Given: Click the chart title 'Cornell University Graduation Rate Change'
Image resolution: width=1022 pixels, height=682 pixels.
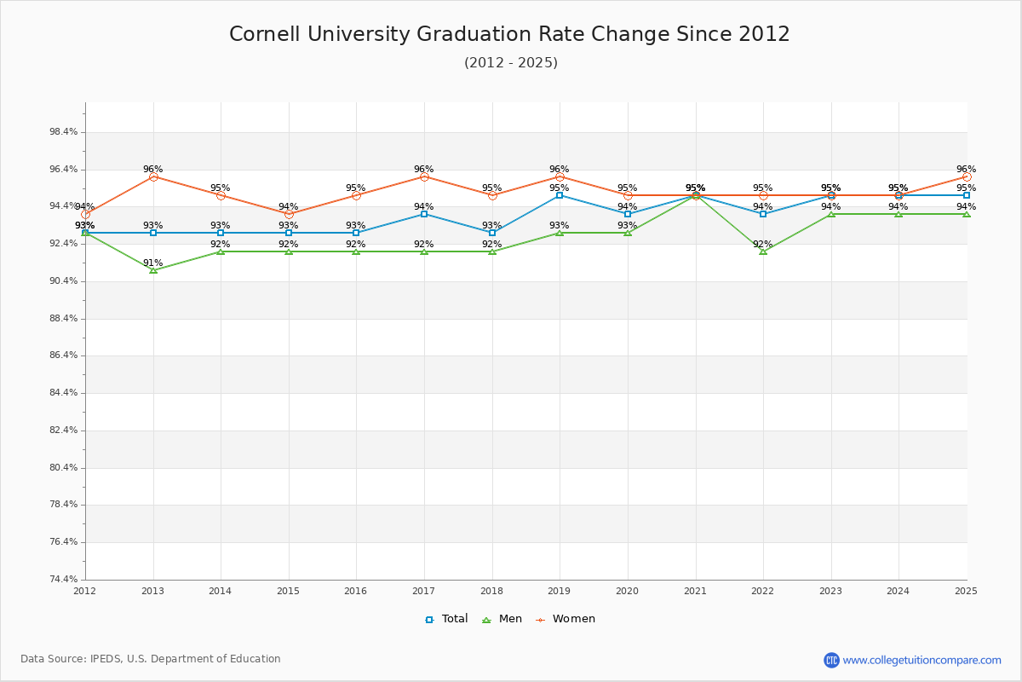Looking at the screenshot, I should click(509, 34).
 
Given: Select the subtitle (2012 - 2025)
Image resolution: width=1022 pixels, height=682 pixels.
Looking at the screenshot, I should click(510, 63).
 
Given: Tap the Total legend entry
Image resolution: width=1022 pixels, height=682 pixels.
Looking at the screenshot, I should click(446, 619).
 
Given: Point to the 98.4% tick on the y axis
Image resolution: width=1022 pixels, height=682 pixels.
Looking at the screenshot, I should click(64, 132).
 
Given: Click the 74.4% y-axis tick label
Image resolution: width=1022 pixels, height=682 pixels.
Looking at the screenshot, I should click(64, 580).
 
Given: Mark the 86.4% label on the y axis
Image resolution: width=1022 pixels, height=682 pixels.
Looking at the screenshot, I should click(64, 355).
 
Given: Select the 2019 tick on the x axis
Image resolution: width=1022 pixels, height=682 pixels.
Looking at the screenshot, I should click(559, 591).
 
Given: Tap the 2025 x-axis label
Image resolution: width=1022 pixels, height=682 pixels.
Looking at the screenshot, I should click(966, 591).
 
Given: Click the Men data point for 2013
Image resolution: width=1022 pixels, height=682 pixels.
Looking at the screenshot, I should click(153, 269).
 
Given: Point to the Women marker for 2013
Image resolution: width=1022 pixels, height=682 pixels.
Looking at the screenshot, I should click(153, 176).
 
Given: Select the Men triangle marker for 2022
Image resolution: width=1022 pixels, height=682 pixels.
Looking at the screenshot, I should click(763, 251).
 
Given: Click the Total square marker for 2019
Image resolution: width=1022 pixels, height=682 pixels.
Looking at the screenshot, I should click(560, 195).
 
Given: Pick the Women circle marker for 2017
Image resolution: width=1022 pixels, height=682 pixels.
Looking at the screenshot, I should click(424, 176).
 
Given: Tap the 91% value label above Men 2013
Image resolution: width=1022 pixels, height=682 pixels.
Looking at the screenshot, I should click(152, 263).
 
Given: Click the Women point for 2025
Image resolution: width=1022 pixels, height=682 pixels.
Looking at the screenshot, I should click(967, 176).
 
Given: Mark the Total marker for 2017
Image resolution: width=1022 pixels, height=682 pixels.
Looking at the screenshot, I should click(424, 214).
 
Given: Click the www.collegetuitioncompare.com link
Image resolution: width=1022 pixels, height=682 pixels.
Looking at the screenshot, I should click(922, 660).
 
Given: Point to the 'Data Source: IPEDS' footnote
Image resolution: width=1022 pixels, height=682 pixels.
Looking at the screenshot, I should click(151, 659).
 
